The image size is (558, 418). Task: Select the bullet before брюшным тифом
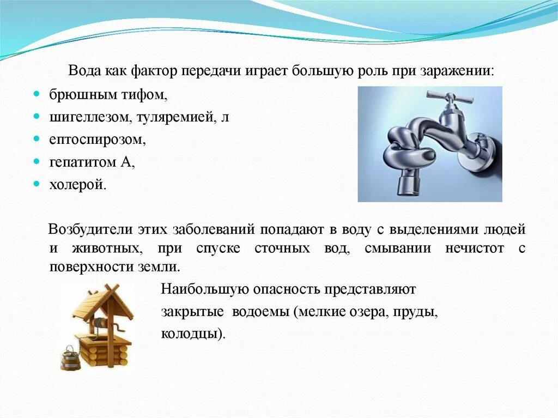36,95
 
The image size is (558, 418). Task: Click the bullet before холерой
36,184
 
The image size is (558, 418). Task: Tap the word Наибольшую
197,289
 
